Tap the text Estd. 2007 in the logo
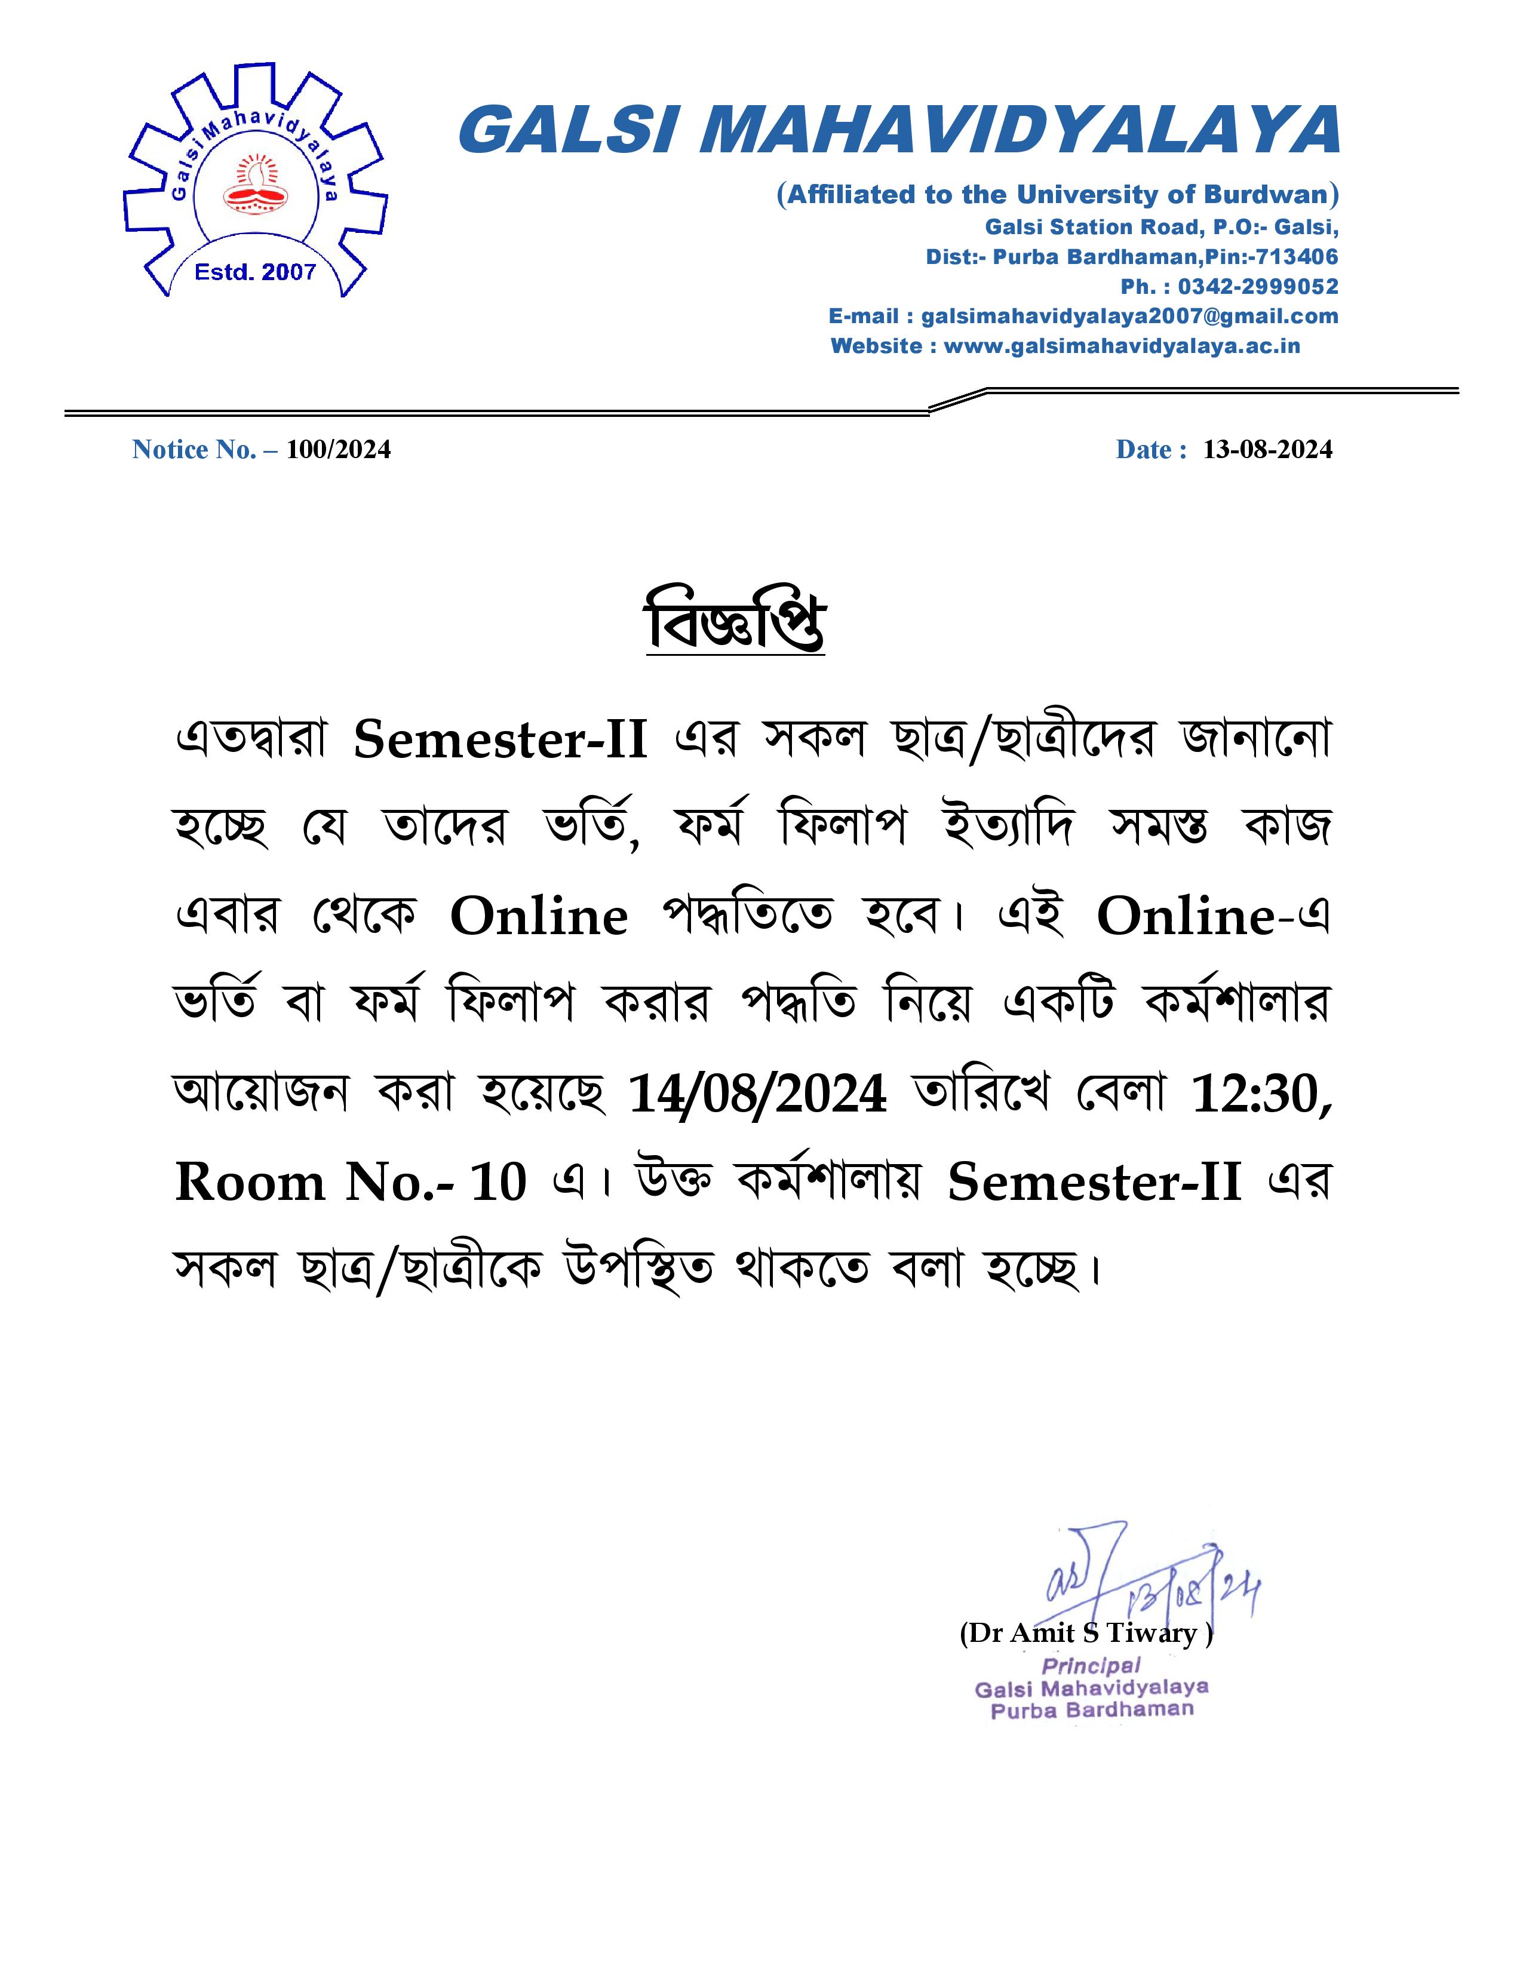click(256, 272)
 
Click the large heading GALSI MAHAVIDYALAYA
click(899, 131)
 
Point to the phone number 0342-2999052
click(1258, 287)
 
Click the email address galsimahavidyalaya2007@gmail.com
click(1129, 317)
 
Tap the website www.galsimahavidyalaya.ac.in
click(1122, 346)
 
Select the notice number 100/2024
click(338, 449)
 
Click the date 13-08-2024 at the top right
click(1267, 449)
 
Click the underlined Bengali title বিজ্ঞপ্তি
click(735, 623)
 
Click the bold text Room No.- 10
click(350, 1182)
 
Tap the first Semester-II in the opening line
click(500, 740)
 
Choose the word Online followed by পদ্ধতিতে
click(539, 917)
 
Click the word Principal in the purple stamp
click(1091, 1666)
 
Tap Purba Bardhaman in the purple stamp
click(1092, 1709)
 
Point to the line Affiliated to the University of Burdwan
click(1057, 195)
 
